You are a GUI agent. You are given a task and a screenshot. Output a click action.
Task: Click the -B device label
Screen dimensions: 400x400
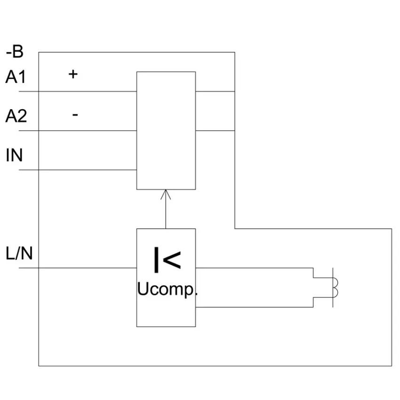[15, 52]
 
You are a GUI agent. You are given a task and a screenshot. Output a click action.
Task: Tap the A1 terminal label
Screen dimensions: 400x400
[16, 77]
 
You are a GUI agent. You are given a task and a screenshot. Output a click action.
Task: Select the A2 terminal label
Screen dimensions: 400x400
[16, 116]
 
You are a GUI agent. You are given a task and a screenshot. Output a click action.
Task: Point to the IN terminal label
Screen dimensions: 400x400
[14, 155]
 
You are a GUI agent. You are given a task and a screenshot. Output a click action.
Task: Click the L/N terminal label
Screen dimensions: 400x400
[19, 253]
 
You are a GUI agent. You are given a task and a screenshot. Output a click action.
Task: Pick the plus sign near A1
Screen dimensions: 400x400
[73, 74]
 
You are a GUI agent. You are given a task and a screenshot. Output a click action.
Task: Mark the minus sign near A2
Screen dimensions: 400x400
[75, 115]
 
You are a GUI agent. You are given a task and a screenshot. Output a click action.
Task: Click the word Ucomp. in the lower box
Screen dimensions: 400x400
[168, 289]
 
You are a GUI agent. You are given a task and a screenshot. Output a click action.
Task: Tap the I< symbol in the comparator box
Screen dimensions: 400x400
[168, 260]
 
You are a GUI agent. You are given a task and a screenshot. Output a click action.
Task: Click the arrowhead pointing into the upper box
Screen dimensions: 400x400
[166, 194]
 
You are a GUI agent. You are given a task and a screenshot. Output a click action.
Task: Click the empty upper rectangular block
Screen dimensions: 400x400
[166, 131]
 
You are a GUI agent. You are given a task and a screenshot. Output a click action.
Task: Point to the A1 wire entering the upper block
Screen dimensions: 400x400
[78, 91]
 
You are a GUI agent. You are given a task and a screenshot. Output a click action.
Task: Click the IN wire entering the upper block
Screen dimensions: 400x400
[78, 170]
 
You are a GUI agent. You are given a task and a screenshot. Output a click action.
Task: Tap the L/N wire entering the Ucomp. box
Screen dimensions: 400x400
[78, 268]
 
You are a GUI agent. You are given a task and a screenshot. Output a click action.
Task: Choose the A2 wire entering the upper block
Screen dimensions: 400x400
[78, 131]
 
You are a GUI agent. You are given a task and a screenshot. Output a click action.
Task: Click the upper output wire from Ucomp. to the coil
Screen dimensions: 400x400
[254, 268]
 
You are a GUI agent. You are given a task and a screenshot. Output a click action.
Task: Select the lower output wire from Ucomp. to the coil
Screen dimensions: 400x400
[254, 307]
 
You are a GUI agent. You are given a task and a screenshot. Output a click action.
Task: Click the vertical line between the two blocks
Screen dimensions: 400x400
[166, 209]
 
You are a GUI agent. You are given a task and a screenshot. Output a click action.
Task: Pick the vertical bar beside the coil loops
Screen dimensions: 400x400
[333, 288]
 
